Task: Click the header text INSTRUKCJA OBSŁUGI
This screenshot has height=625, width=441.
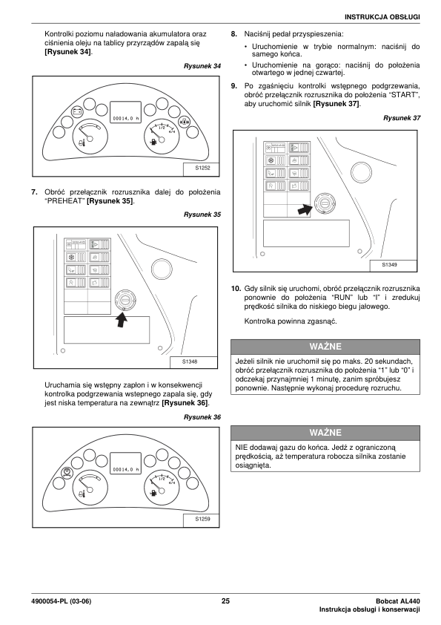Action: [382, 17]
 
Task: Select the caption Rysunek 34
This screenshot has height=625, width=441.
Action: [202, 66]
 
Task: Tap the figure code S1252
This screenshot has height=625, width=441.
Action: [202, 168]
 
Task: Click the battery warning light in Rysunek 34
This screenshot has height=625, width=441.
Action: [77, 111]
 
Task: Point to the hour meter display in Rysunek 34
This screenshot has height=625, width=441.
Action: [125, 112]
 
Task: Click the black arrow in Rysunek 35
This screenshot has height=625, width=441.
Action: [122, 320]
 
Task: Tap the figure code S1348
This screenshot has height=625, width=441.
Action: [190, 362]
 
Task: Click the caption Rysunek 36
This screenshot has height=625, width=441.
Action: [202, 417]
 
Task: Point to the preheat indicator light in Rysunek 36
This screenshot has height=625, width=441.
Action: [67, 473]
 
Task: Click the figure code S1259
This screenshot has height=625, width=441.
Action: [202, 519]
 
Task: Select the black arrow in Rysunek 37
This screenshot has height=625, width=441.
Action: [305, 209]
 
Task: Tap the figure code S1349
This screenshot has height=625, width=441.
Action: [389, 265]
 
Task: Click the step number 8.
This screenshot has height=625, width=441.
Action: [234, 34]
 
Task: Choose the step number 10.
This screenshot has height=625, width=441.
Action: [236, 289]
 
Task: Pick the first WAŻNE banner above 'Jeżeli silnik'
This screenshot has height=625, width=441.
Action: [325, 347]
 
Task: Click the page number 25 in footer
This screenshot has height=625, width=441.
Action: [225, 601]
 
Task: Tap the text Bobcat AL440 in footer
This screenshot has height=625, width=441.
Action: [397, 601]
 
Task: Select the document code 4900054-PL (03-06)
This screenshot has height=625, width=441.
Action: [61, 601]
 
